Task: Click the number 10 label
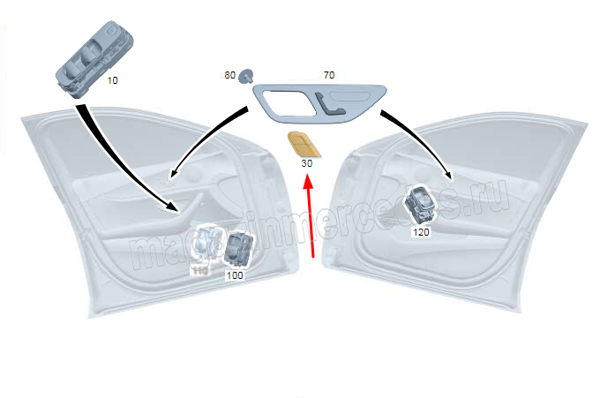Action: pos(112,80)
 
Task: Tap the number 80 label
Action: pos(229,76)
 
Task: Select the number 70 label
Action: pos(328,76)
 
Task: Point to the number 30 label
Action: pos(306,164)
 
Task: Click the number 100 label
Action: pos(235,275)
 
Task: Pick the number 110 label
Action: pos(200,270)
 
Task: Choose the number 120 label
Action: pos(421,232)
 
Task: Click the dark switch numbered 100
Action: pos(238,250)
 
